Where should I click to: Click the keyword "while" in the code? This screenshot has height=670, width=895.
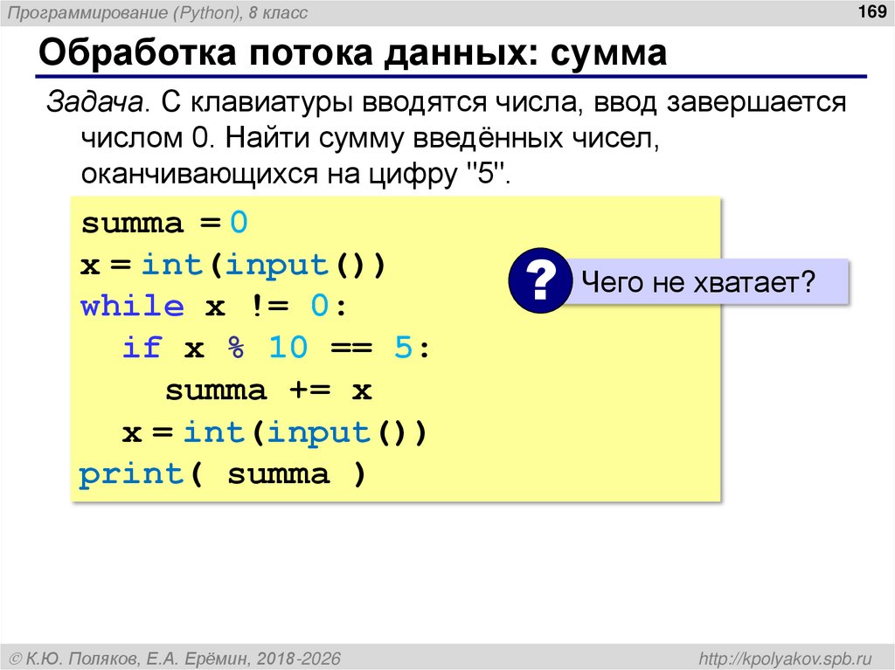(x=132, y=307)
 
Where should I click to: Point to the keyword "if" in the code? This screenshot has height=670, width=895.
(x=142, y=349)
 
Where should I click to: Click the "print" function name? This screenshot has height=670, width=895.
(x=129, y=475)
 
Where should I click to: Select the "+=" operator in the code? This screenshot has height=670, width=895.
(x=309, y=390)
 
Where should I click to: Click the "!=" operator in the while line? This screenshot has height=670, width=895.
(x=267, y=307)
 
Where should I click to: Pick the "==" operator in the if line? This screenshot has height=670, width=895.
(x=351, y=349)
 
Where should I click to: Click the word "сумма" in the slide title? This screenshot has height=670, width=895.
(x=608, y=53)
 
